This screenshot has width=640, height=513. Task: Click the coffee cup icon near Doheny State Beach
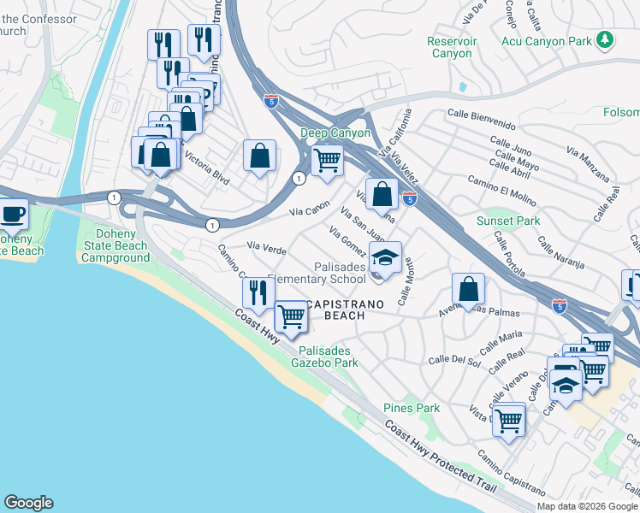click(13, 214)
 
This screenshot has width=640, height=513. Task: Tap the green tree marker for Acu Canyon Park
click(605, 39)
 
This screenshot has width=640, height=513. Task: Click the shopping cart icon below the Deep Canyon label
click(326, 159)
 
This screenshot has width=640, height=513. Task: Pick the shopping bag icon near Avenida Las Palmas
click(468, 289)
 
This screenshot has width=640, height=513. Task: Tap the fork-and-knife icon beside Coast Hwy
click(258, 292)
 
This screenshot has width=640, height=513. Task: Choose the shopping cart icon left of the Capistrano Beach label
click(292, 316)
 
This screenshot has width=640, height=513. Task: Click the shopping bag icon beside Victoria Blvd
click(259, 156)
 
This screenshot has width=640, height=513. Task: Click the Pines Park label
click(412, 408)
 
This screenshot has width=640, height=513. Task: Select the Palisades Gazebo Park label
click(329, 357)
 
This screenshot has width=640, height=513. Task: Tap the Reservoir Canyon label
click(450, 47)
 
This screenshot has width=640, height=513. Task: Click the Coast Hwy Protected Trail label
click(440, 455)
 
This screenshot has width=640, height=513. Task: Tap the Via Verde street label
click(266, 247)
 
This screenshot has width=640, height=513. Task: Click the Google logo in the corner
click(28, 503)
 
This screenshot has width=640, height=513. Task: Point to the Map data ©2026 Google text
click(586, 506)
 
